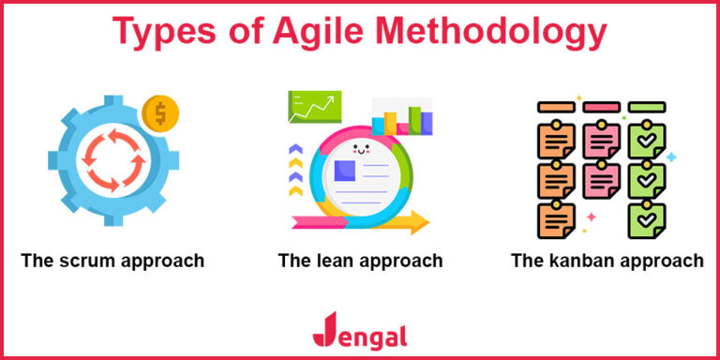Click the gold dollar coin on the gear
pos(160,114)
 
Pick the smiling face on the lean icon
pos(360,148)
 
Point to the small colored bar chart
pos(403,120)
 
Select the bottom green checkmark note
pos(646,217)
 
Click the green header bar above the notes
pos(647,107)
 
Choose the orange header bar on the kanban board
pos(555,107)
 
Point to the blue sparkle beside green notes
pos(671,157)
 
